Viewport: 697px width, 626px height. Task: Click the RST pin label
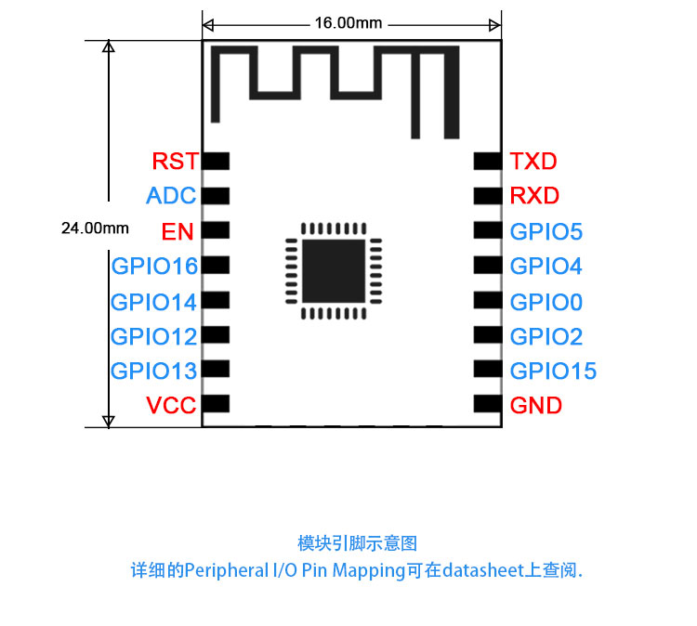tap(175, 161)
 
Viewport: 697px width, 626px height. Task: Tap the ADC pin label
tap(171, 195)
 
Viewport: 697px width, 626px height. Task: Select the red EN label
tap(178, 231)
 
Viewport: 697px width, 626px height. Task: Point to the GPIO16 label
tap(154, 267)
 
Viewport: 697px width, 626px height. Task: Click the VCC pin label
tap(171, 405)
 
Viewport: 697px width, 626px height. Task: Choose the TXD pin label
tap(533, 161)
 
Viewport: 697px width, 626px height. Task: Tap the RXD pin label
tap(534, 195)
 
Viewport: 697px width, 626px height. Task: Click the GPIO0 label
tap(546, 302)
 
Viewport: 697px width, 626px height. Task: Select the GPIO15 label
tap(554, 371)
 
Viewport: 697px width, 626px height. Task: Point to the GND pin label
tap(536, 405)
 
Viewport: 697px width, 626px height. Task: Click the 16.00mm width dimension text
tap(348, 23)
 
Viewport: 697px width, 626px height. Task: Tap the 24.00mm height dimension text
tap(95, 228)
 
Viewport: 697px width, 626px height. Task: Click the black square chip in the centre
tap(334, 271)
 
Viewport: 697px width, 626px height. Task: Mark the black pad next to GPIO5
tap(488, 230)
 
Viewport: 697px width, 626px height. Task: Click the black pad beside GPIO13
tap(216, 369)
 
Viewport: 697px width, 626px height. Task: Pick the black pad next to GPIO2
tap(488, 334)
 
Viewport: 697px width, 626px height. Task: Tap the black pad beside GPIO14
tap(216, 300)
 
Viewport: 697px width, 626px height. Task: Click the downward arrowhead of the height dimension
tap(109, 422)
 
